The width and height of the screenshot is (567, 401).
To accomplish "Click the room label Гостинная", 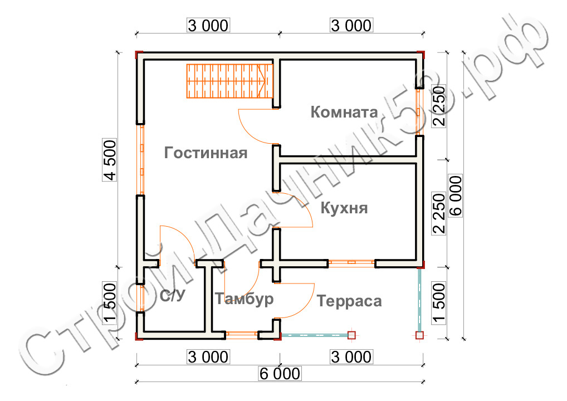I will click(x=206, y=153).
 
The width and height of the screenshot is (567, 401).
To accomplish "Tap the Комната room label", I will click(x=344, y=112).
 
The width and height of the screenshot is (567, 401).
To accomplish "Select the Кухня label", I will click(x=344, y=208).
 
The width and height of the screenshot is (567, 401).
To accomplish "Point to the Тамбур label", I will click(x=245, y=299).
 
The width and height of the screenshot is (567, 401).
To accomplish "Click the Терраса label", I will click(x=349, y=301).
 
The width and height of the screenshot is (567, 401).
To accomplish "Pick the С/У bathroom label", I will click(x=173, y=296).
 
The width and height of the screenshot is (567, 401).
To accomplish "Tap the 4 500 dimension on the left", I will click(x=110, y=159).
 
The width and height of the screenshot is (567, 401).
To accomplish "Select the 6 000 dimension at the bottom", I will click(x=279, y=374).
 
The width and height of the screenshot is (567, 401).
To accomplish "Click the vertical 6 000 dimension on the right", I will click(x=455, y=197).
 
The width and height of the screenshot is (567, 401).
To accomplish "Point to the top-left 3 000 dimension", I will click(x=208, y=25).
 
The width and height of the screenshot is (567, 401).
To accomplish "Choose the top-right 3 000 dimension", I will click(x=351, y=25).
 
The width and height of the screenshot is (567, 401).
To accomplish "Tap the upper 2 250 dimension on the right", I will click(x=439, y=107).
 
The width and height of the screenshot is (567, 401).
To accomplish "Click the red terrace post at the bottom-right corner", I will click(x=419, y=335).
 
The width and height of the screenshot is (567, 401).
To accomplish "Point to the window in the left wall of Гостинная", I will click(x=141, y=159).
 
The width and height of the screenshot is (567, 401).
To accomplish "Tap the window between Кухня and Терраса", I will click(x=351, y=262).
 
